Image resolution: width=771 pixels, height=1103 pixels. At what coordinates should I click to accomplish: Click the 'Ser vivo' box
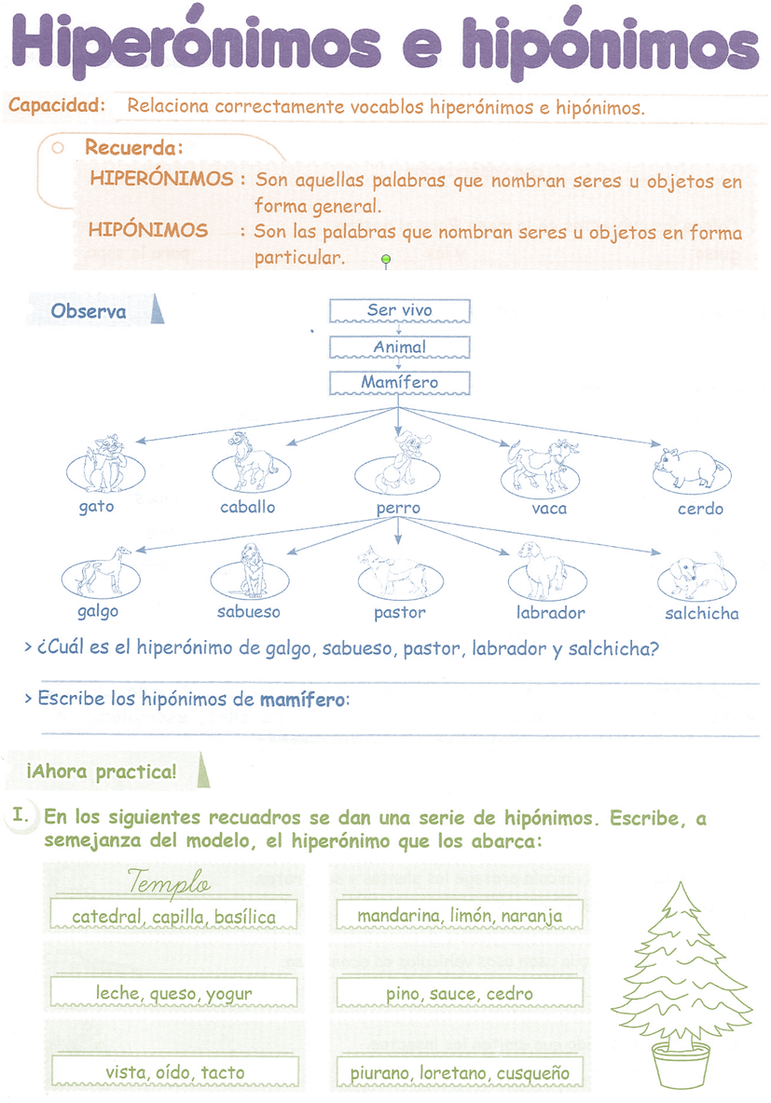(x=399, y=310)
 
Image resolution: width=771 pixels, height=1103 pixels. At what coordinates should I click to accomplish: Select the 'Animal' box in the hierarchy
(x=399, y=347)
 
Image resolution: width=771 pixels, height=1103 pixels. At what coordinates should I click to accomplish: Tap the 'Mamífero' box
(x=399, y=382)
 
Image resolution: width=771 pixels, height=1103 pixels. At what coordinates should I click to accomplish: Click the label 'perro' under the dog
(x=398, y=509)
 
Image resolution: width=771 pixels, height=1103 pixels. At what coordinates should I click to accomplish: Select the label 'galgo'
(x=98, y=612)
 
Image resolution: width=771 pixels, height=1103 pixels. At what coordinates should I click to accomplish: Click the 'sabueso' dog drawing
(x=249, y=570)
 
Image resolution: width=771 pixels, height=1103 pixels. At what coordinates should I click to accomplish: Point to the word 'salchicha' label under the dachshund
(x=701, y=614)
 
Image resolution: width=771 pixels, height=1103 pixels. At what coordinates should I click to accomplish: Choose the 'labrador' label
(x=550, y=613)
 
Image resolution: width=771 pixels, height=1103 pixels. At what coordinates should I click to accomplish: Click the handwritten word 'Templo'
(x=170, y=882)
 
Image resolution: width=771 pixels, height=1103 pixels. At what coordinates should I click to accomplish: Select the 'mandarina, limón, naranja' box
(x=460, y=916)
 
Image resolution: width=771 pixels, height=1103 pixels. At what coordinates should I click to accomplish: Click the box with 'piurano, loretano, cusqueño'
(x=460, y=1071)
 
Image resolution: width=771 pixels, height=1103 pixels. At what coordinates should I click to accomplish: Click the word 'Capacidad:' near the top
(x=57, y=105)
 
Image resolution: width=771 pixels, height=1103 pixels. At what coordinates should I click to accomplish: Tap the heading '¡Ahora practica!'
(x=103, y=772)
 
